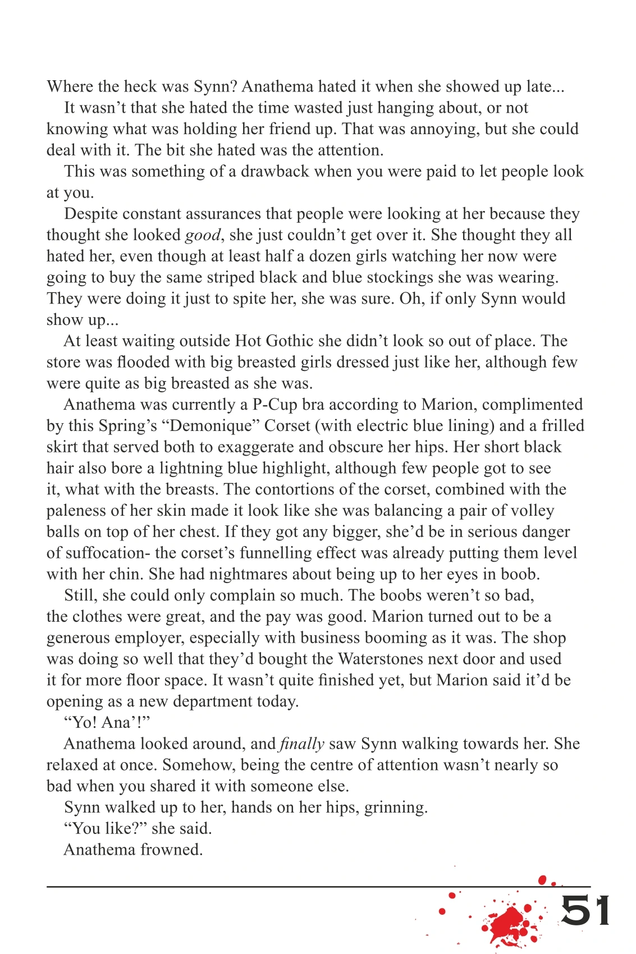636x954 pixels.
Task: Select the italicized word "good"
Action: pyautogui.click(x=202, y=235)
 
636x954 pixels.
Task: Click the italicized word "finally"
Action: pyautogui.click(x=302, y=744)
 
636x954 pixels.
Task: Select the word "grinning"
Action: pyautogui.click(x=396, y=808)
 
